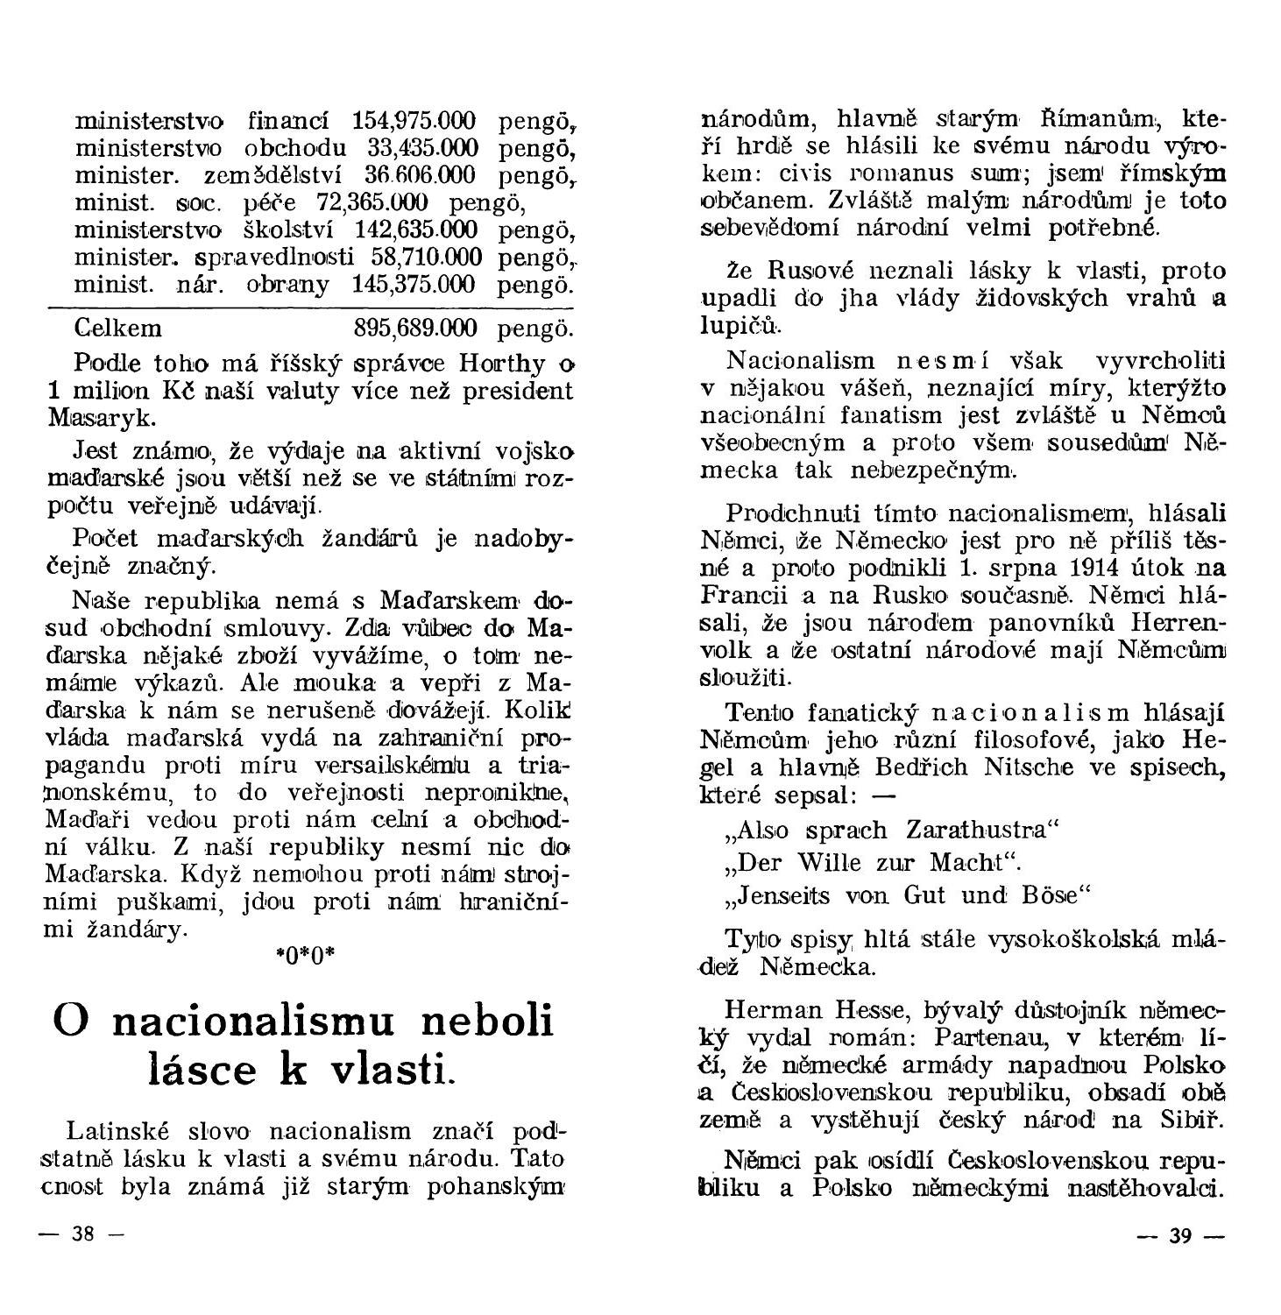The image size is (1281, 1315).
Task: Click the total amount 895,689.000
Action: coord(415,329)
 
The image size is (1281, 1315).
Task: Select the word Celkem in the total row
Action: coord(118,329)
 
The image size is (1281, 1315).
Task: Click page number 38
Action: coord(82,1235)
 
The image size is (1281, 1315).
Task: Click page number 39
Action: coord(1180,1236)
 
